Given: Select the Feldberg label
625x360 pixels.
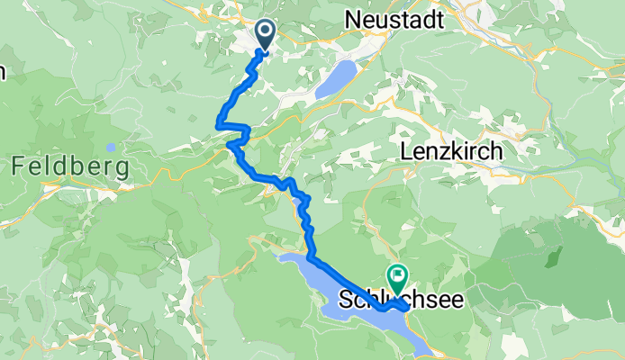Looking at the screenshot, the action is click(x=70, y=166).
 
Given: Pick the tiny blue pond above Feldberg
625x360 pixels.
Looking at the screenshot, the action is click(x=110, y=148).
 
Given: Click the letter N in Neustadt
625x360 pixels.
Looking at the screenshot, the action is click(x=352, y=19).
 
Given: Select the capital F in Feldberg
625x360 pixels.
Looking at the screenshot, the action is click(x=18, y=166).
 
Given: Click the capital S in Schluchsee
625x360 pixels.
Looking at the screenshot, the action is click(x=347, y=298).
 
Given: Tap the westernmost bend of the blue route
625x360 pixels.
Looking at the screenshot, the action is click(x=219, y=124).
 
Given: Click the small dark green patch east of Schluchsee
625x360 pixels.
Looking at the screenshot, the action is click(x=494, y=269).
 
